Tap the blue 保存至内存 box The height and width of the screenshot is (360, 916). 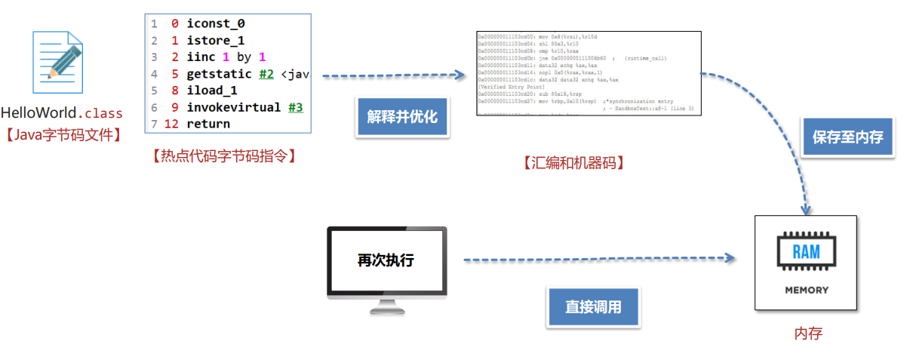[x=847, y=137]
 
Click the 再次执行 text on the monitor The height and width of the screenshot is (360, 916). [x=386, y=261]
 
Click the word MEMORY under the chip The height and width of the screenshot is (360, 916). [x=806, y=290]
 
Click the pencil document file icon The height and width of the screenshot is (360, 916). [x=57, y=61]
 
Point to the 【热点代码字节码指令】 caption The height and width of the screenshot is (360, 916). [x=223, y=156]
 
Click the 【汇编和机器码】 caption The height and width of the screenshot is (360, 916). [x=573, y=162]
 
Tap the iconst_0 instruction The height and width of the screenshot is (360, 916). [x=216, y=24]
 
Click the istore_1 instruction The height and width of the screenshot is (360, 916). [x=216, y=41]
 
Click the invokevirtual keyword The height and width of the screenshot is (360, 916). [x=234, y=107]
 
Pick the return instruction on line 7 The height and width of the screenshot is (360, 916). [x=208, y=124]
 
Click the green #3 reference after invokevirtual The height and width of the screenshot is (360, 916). [x=295, y=107]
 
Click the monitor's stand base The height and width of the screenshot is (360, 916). [x=386, y=310]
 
